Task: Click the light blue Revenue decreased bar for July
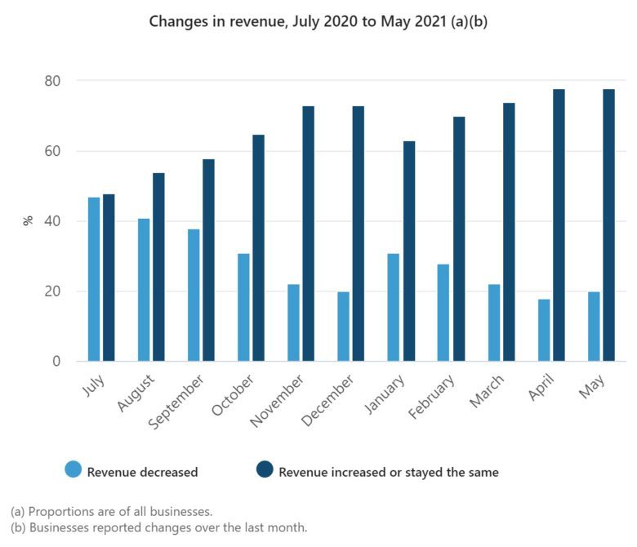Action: tap(94, 279)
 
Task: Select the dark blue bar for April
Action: tap(559, 225)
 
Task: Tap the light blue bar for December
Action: tap(343, 327)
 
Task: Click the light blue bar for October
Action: tap(243, 308)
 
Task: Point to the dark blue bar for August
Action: tap(158, 267)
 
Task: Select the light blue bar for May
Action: tap(593, 327)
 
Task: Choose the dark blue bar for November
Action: tap(308, 233)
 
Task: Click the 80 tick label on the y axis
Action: tap(52, 81)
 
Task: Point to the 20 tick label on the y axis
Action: tap(52, 291)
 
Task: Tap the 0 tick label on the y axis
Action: tap(56, 362)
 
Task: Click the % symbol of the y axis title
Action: tap(27, 220)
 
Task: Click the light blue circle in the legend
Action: tap(73, 469)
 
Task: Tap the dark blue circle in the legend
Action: tap(265, 469)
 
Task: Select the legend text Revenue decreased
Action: tap(143, 472)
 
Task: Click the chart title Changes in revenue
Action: tap(318, 22)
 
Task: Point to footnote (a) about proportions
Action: tap(111, 512)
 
